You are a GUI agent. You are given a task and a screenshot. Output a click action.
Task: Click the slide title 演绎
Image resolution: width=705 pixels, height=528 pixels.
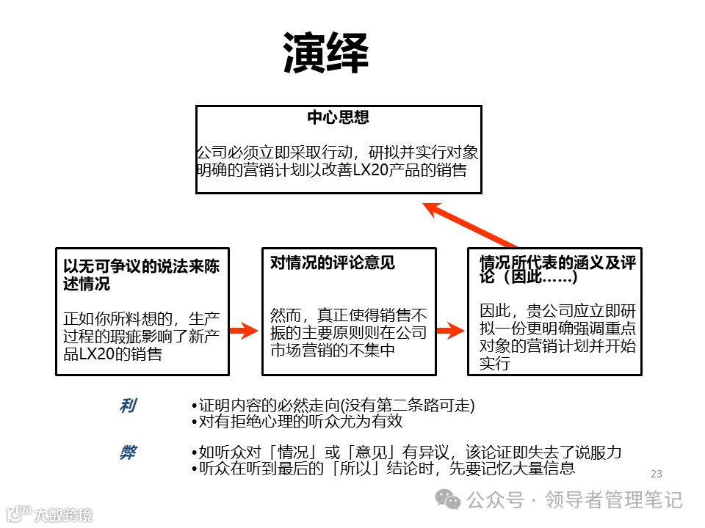point(326,53)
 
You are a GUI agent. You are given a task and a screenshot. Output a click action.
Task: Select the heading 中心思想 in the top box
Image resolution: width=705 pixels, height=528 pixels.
point(338,117)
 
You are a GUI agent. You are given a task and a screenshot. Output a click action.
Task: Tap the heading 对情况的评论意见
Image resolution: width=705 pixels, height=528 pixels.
point(333,263)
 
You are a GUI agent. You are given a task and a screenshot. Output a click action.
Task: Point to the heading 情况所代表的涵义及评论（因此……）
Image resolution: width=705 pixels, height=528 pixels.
point(557,270)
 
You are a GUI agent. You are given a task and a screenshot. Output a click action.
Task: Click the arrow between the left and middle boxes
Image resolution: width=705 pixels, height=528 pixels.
point(242,331)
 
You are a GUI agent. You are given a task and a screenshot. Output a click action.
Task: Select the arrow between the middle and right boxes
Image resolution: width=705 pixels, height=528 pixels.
point(450,331)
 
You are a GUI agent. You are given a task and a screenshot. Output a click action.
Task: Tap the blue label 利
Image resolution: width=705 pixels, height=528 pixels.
point(127,406)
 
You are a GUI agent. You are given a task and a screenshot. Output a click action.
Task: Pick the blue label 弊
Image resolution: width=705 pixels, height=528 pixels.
point(127,452)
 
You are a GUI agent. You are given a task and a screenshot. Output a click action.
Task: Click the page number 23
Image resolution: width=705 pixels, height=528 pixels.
point(657,474)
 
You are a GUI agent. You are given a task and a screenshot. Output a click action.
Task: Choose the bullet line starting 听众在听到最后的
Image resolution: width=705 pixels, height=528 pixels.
point(382,469)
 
